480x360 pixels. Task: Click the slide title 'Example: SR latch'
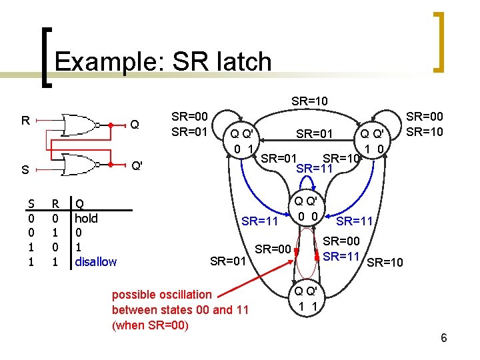click(x=163, y=61)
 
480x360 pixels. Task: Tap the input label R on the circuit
click(x=25, y=121)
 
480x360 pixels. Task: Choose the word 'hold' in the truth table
click(x=86, y=218)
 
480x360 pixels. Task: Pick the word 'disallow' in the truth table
click(x=95, y=261)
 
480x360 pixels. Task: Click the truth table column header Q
click(x=79, y=203)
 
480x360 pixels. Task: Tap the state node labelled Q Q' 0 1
click(x=241, y=141)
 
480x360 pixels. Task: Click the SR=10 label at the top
click(x=309, y=101)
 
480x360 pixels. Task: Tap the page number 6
click(x=444, y=338)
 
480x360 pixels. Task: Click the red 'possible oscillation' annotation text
click(x=162, y=294)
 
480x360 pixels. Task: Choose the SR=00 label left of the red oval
click(x=273, y=249)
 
